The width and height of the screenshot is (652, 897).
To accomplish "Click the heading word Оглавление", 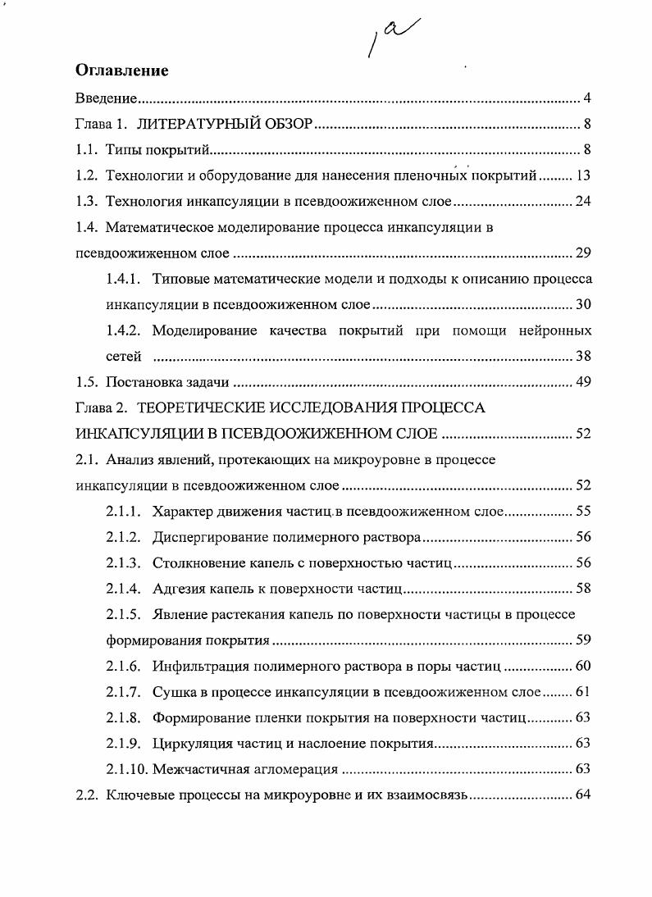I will (x=121, y=71).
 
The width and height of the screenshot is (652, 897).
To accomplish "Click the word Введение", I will (x=105, y=99).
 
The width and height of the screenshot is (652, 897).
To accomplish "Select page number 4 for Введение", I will (x=588, y=99).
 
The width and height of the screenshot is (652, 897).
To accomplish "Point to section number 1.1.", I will (x=86, y=149).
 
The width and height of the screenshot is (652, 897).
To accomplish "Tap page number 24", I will (x=583, y=202).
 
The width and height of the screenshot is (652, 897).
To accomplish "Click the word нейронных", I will (x=555, y=330).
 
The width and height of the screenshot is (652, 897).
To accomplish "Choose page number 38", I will (x=583, y=357).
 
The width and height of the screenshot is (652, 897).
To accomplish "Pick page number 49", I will (x=583, y=382).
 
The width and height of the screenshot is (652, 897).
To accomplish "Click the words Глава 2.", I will (x=99, y=408).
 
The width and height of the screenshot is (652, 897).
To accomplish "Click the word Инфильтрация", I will (x=203, y=665).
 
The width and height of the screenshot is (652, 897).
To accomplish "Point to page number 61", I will (x=583, y=691).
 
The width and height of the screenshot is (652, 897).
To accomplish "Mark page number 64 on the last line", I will (x=583, y=795).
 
